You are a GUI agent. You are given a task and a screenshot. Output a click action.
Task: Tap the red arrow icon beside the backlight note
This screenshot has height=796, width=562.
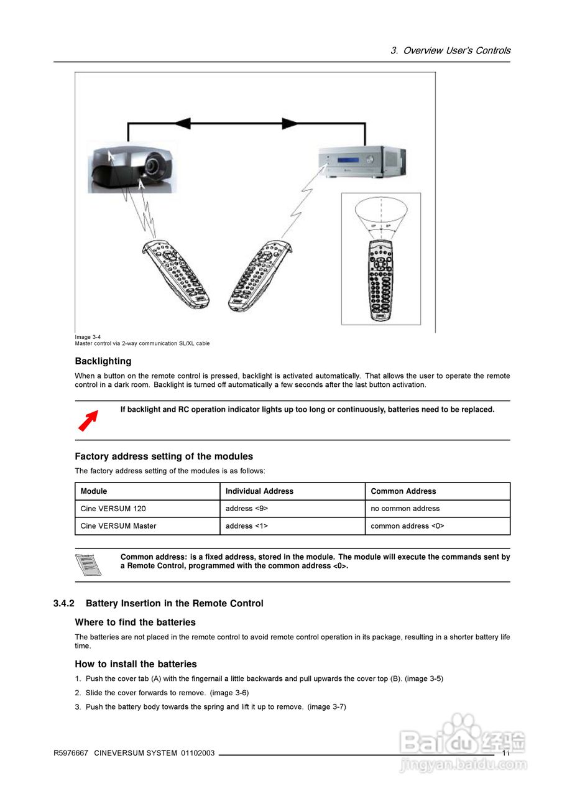pos(88,420)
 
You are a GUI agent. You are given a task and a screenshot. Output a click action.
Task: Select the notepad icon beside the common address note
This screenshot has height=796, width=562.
pos(88,565)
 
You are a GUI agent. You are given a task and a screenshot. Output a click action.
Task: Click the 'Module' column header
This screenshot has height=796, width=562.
pos(94,491)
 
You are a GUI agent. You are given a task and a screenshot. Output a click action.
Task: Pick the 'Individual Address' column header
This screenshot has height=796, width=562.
pos(259,491)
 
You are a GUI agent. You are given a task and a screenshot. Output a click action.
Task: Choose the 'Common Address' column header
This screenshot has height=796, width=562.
pos(403,491)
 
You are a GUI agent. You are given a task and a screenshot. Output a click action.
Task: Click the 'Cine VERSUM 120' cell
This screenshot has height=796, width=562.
pos(113,509)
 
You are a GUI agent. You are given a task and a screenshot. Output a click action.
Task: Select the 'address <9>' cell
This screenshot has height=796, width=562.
pos(247,509)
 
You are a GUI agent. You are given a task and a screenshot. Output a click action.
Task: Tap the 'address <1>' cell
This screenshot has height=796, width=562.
pos(247,526)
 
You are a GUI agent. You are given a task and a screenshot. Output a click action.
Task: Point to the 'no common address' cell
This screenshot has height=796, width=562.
pos(405,509)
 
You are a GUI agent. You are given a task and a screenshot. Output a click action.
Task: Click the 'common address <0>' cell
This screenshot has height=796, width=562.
pos(407,526)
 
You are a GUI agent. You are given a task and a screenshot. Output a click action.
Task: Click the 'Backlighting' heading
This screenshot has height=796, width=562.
pos(103,361)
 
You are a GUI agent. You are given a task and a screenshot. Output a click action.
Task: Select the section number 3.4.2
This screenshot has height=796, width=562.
pos(64,604)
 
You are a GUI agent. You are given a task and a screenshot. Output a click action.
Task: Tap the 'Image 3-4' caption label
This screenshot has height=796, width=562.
pos(88,337)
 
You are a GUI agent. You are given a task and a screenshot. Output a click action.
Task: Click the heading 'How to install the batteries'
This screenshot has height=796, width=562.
pos(136,664)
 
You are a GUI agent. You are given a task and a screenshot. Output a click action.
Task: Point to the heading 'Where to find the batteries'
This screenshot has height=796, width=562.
pos(135,622)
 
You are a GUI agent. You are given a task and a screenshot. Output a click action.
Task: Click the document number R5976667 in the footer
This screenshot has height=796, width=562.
pos(71,753)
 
